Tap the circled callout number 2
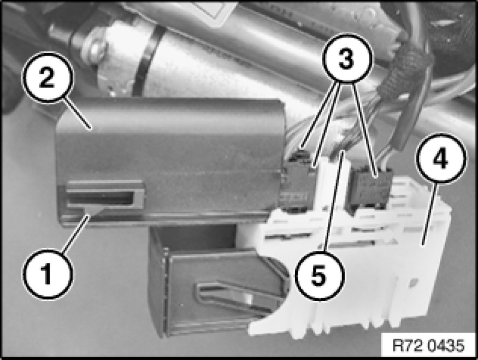pos(47,78)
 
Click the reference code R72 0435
pos(428,346)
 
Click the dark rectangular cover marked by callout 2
pos(170,162)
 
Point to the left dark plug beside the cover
pos(297,183)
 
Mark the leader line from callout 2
pos(76,113)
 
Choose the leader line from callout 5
pos(334,200)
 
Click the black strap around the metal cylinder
pos(146,61)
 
